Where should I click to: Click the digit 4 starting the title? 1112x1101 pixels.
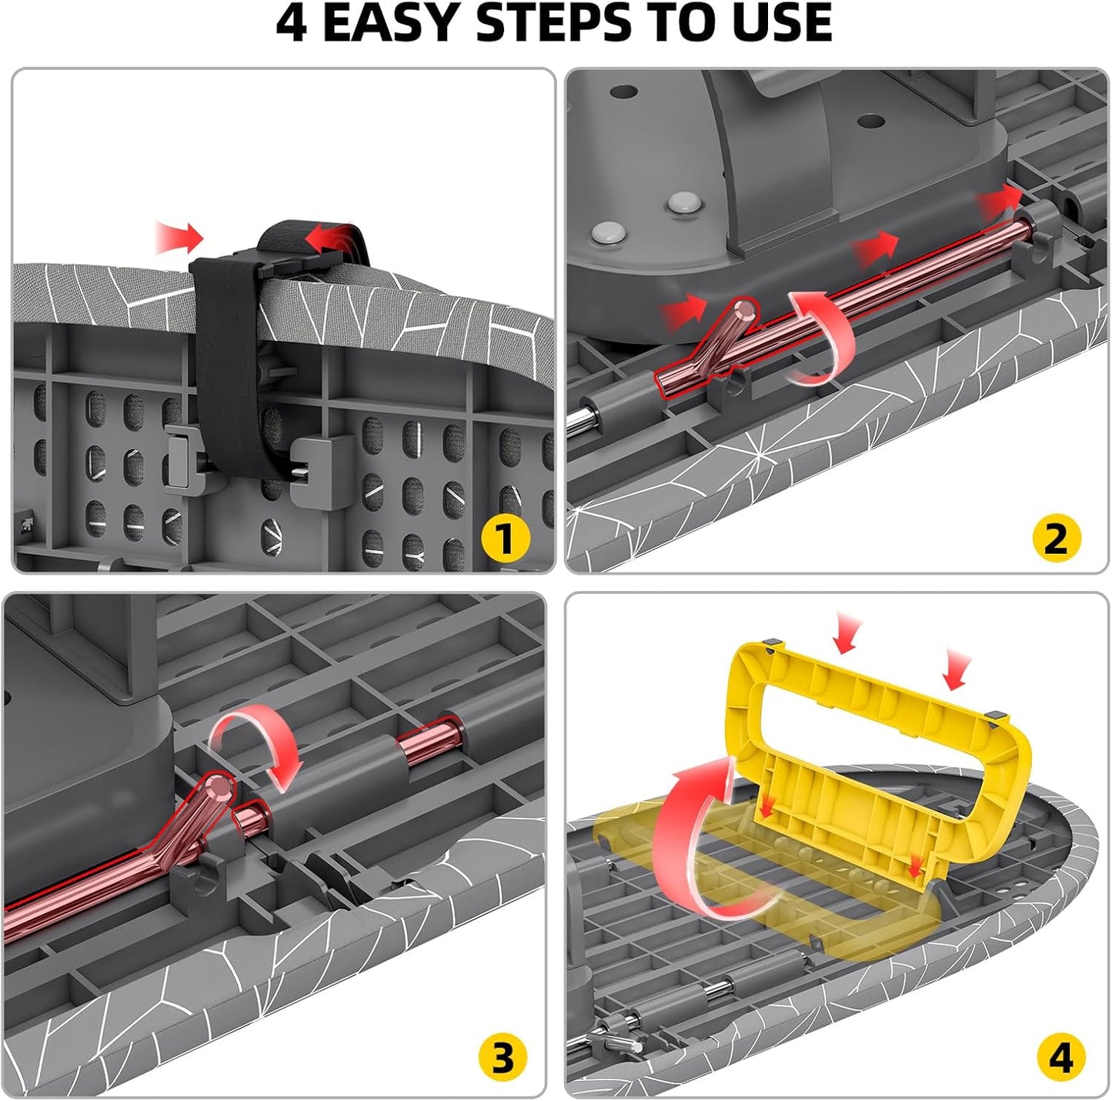(x=292, y=24)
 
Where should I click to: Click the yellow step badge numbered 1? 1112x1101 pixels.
(x=506, y=539)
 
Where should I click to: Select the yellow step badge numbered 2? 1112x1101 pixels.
(x=1057, y=539)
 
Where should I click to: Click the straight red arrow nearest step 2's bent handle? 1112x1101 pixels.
(x=684, y=312)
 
